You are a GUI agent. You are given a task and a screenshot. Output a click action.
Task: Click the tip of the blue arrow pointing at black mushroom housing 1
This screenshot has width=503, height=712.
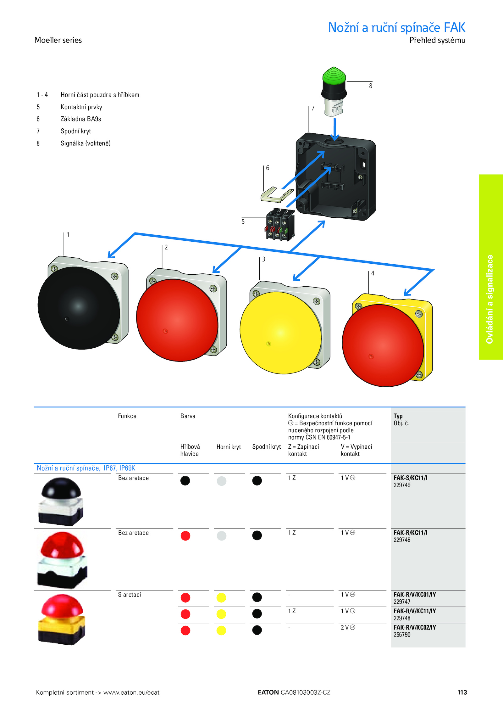(x=108, y=258)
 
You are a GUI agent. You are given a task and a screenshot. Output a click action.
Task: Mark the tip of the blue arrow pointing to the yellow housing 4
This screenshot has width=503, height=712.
(x=404, y=295)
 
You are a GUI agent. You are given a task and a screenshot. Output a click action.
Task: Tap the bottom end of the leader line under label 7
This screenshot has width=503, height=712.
(x=309, y=132)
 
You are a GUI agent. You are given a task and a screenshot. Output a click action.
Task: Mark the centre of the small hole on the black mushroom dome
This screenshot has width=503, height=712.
(x=67, y=319)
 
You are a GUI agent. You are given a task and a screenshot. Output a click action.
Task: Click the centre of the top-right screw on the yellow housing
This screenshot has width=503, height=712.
(x=419, y=314)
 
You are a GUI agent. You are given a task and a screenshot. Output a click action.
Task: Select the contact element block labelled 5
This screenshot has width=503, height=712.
(x=280, y=224)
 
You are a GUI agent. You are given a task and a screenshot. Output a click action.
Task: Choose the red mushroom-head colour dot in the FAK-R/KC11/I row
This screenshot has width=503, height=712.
(x=185, y=535)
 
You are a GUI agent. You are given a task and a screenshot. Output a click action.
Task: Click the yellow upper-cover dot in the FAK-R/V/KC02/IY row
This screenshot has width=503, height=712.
(x=221, y=631)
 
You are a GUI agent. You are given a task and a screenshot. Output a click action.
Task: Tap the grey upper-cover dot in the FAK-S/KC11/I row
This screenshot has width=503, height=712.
(x=222, y=481)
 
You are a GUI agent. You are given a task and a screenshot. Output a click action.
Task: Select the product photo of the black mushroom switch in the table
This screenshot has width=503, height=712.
(x=61, y=501)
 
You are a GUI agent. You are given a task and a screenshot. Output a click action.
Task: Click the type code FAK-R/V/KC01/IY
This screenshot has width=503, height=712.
(x=415, y=594)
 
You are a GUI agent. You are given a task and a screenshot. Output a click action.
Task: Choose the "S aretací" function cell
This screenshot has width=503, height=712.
(x=130, y=595)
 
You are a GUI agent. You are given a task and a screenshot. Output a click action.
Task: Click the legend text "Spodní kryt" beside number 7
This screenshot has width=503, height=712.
(x=76, y=131)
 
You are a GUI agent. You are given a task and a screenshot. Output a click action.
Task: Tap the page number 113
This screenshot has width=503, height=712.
(x=462, y=692)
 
